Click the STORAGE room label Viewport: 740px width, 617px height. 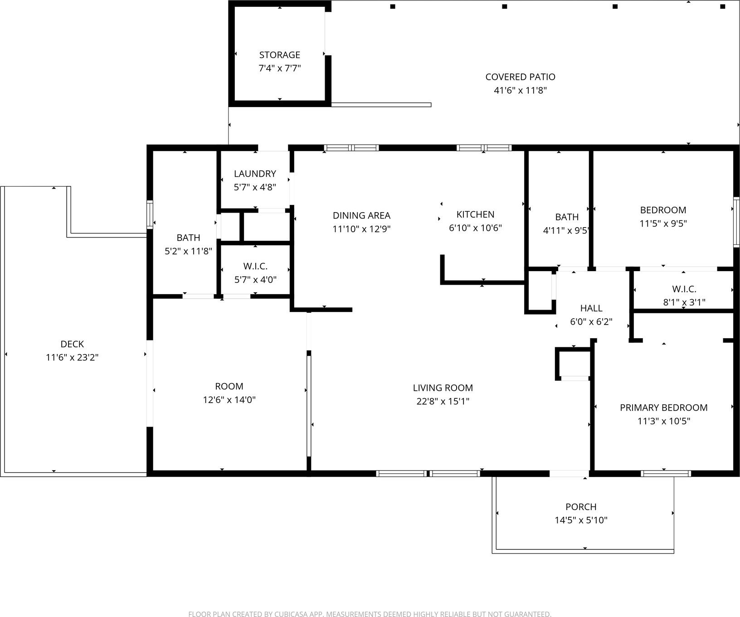279,55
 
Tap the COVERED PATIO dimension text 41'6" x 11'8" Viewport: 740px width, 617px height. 520,90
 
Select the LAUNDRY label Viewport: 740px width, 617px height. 255,174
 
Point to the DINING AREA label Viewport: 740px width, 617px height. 361,215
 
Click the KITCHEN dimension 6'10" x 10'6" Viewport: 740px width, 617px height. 475,228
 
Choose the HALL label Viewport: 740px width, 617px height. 591,308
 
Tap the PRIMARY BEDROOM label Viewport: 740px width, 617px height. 663,408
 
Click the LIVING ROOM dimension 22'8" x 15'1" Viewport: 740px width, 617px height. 443,401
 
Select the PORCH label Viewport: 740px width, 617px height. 581,507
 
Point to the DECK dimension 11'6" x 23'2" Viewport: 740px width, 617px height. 72,357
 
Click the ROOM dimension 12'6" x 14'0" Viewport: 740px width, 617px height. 229,400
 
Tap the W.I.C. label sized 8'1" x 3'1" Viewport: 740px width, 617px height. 684,289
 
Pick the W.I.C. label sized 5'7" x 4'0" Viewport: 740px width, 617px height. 255,266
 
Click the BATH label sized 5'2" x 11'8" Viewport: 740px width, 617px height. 188,238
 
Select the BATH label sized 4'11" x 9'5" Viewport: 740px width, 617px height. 567,217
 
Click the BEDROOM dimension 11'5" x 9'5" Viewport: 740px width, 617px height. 663,223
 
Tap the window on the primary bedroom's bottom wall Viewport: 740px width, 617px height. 666,474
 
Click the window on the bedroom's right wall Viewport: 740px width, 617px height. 736,222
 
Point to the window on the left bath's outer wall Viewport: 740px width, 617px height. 150,214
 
